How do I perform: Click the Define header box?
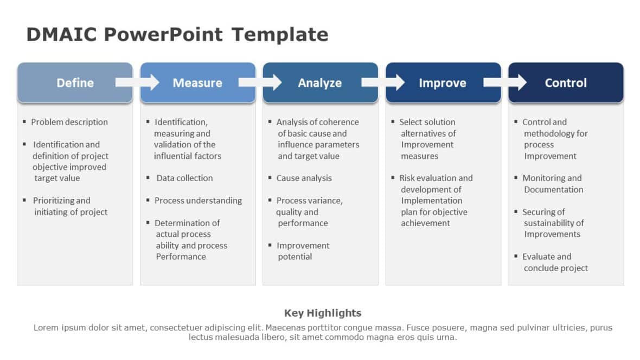click(75, 83)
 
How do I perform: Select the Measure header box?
click(197, 83)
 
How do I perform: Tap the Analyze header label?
click(319, 83)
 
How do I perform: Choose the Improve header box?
click(442, 83)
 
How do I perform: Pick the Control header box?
click(566, 83)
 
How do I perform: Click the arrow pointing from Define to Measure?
click(138, 82)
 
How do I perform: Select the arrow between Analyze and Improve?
click(383, 82)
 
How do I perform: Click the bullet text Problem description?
click(69, 122)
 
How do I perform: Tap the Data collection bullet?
click(184, 178)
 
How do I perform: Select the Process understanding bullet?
click(198, 201)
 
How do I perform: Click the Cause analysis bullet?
click(304, 178)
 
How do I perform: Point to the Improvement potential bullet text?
click(303, 251)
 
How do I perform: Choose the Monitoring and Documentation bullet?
click(552, 184)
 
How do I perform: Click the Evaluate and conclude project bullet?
click(554, 262)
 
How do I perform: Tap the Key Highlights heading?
click(322, 313)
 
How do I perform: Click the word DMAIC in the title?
click(61, 35)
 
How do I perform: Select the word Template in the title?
click(280, 35)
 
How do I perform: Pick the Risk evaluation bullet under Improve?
click(436, 200)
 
